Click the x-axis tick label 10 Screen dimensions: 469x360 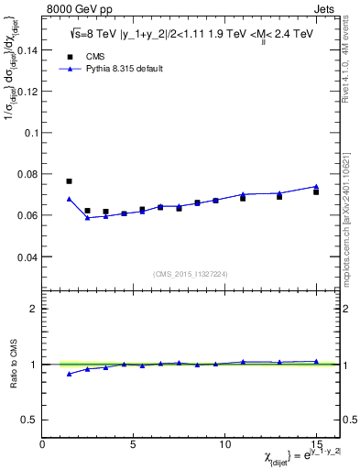(224, 443)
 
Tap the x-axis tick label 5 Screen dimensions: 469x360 (134, 443)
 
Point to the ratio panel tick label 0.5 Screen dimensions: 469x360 (30, 420)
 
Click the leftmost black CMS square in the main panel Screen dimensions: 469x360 (69, 181)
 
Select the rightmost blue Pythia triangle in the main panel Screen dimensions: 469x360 (316, 187)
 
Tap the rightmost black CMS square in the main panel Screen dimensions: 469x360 (316, 192)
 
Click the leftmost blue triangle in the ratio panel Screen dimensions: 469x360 (69, 374)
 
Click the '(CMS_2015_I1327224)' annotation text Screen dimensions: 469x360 (189, 274)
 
